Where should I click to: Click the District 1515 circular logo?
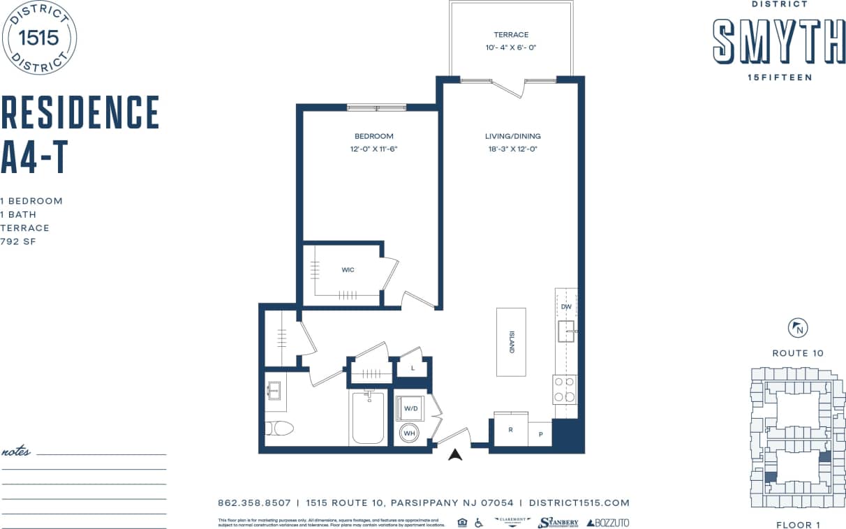pos(40,38)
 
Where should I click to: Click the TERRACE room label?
pos(511,34)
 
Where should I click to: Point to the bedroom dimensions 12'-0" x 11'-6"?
pos(374,149)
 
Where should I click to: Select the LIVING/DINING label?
pos(512,136)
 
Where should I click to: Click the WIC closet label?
pos(348,270)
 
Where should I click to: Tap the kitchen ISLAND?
pos(511,342)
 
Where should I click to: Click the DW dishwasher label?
pos(566,307)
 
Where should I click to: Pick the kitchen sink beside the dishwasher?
pos(566,331)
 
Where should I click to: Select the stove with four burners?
pos(565,389)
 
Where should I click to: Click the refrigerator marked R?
pos(510,430)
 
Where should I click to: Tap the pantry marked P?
pos(540,433)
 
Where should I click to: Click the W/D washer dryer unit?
pos(410,408)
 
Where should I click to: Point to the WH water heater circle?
pos(410,433)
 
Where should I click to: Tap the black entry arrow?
pos(456,455)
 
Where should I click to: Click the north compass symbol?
pos(797,328)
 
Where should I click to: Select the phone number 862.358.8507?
pos(254,502)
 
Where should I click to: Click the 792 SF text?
pos(18,241)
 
